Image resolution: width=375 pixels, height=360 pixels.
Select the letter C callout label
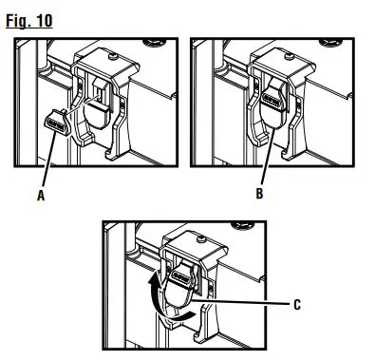click(299, 305)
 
